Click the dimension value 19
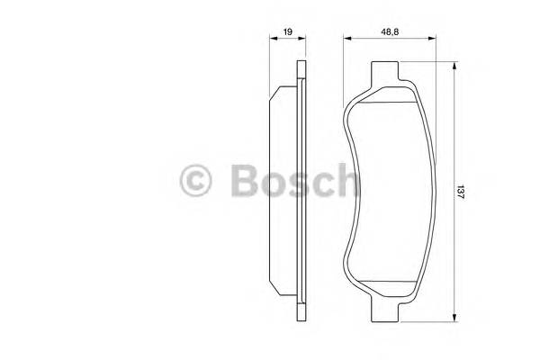coord(288,32)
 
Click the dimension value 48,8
coord(390,32)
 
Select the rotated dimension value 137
coord(460,193)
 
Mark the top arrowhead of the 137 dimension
coord(454,66)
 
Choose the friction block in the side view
coord(286,193)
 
